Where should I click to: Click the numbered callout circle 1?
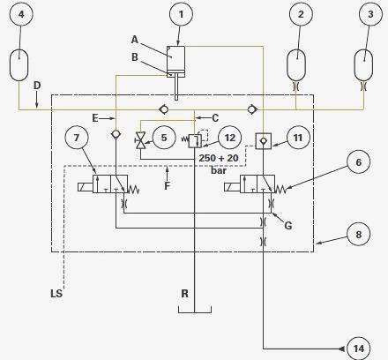click(x=181, y=14)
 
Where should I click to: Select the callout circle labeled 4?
click(x=21, y=14)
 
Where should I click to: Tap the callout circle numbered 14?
click(x=359, y=349)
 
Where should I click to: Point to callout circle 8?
click(x=359, y=235)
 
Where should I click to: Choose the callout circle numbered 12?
click(x=230, y=138)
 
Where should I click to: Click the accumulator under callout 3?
click(x=363, y=65)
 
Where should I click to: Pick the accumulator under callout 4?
click(x=19, y=65)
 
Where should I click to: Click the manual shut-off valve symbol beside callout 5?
click(x=140, y=140)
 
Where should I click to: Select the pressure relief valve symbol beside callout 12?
click(x=195, y=140)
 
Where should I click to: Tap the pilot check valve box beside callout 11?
click(x=263, y=141)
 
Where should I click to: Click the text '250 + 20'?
click(x=219, y=158)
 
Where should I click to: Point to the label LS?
click(x=56, y=293)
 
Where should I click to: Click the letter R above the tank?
click(x=184, y=293)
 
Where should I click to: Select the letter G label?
click(x=288, y=226)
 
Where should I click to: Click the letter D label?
click(x=37, y=86)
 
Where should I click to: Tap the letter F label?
click(x=167, y=186)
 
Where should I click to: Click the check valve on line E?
click(x=116, y=134)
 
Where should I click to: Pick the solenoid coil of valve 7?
click(x=86, y=187)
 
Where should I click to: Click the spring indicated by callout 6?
click(x=280, y=190)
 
